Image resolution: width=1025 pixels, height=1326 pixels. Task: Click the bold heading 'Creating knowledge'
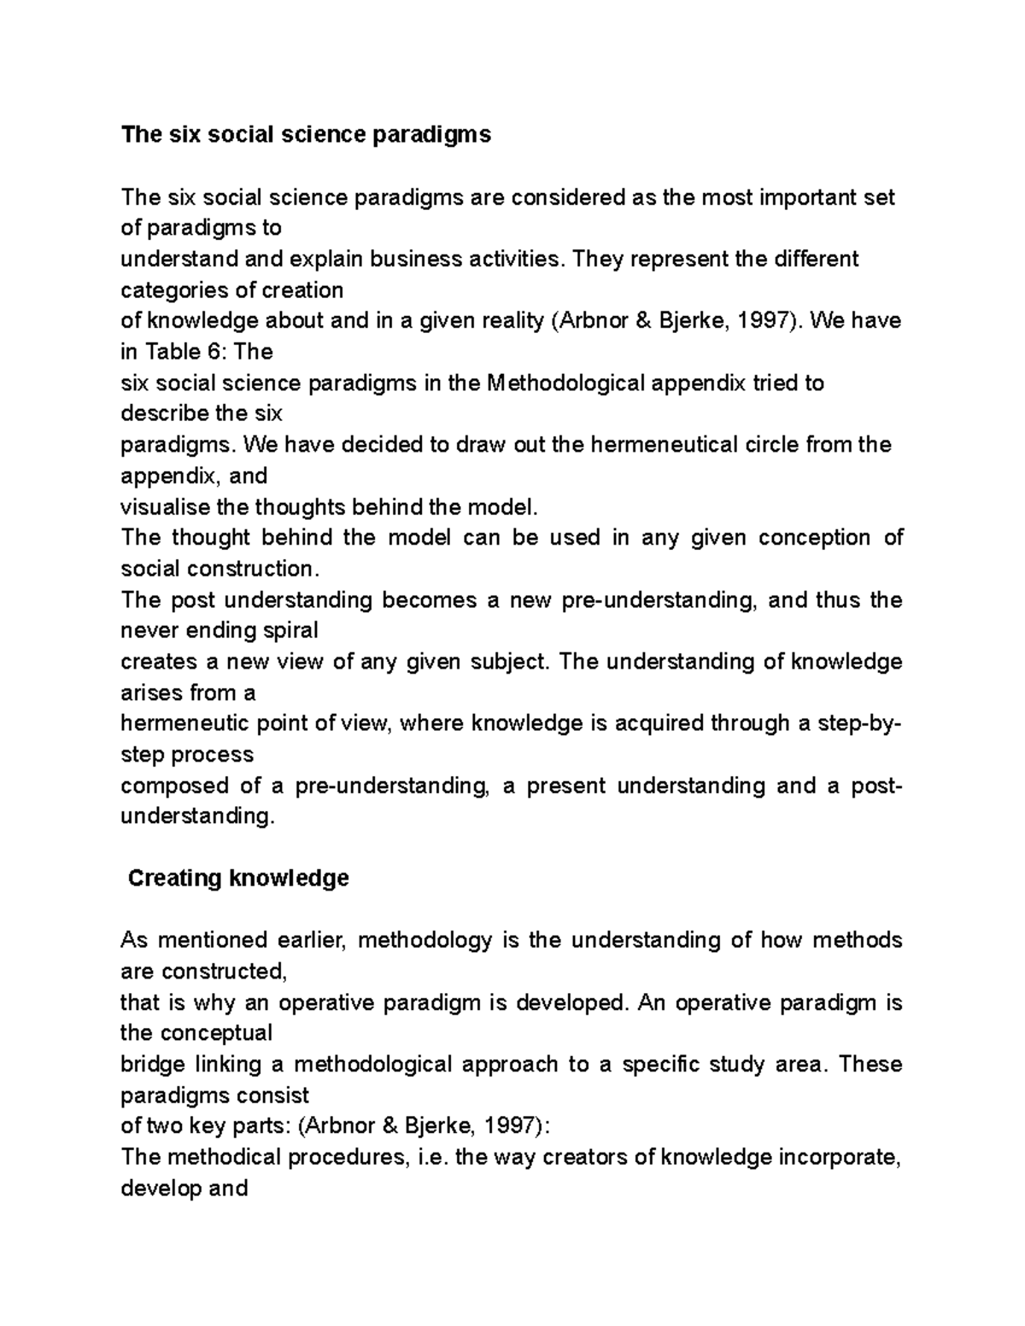click(238, 879)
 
